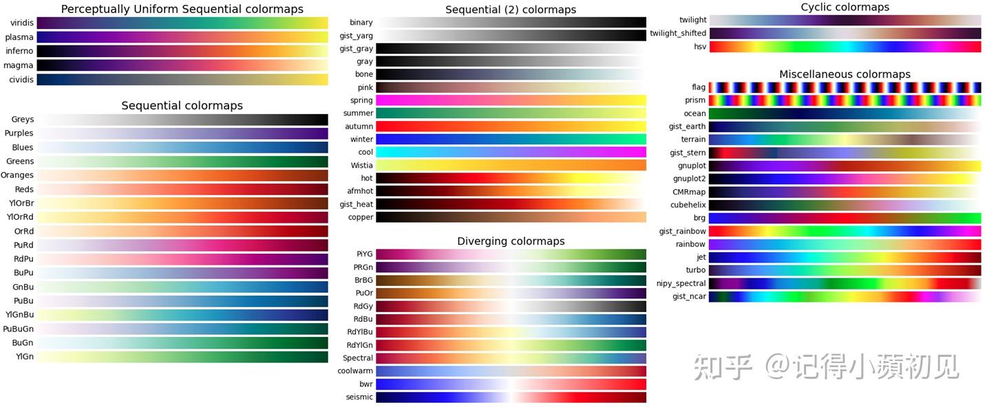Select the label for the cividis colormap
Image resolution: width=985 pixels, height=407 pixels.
[20, 80]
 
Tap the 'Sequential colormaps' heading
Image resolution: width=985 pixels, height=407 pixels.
[182, 105]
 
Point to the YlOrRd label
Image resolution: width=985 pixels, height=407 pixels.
[20, 217]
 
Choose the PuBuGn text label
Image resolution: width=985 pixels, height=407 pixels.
[19, 329]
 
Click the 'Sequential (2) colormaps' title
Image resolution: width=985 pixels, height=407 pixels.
[510, 10]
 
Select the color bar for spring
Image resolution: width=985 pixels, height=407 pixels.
[511, 100]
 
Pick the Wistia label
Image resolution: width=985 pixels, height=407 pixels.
[361, 165]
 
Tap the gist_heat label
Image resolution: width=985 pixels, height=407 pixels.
[357, 204]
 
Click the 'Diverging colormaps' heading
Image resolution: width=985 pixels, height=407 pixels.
[510, 241]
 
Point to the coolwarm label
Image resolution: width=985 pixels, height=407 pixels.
[355, 371]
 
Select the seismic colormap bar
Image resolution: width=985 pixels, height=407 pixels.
[511, 397]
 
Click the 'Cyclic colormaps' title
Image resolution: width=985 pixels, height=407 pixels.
[845, 7]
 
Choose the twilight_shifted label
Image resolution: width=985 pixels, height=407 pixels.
[678, 34]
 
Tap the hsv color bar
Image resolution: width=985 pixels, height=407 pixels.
[845, 47]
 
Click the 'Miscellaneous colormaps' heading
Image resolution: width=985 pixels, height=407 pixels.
[845, 74]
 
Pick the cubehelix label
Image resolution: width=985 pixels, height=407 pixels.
[688, 205]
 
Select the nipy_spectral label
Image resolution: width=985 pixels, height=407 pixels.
[682, 283]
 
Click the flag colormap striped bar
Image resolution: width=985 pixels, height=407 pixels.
[845, 87]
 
